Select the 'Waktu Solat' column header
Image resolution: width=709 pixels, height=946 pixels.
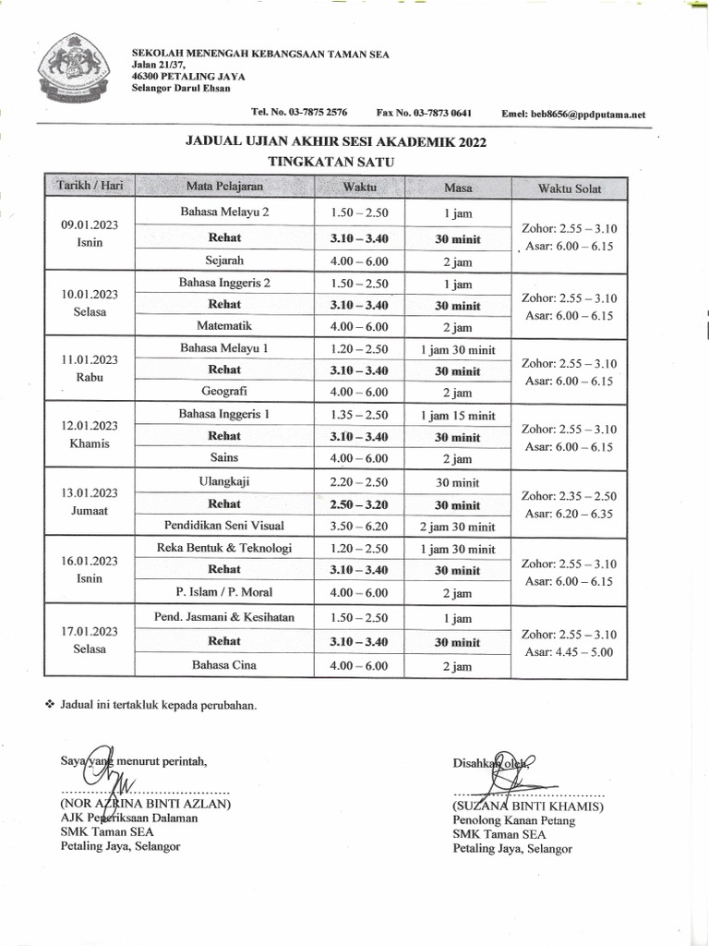(570, 188)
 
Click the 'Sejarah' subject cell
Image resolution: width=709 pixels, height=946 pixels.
(224, 261)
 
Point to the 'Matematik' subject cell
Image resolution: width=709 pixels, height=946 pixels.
(224, 326)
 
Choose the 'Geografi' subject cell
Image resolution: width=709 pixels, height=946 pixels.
(224, 391)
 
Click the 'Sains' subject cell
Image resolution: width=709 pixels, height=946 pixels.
(224, 457)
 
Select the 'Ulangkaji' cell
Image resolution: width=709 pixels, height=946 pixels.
(224, 481)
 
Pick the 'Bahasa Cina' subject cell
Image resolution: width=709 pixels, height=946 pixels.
(224, 664)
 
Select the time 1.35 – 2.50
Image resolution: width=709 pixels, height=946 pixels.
(359, 414)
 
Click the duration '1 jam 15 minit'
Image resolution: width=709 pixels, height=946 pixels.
(458, 415)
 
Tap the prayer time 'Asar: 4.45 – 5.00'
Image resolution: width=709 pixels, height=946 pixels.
(570, 652)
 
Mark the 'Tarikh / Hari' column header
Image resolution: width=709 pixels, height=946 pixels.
(90, 187)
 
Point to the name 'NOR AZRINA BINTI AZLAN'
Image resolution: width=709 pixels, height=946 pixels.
(145, 804)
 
